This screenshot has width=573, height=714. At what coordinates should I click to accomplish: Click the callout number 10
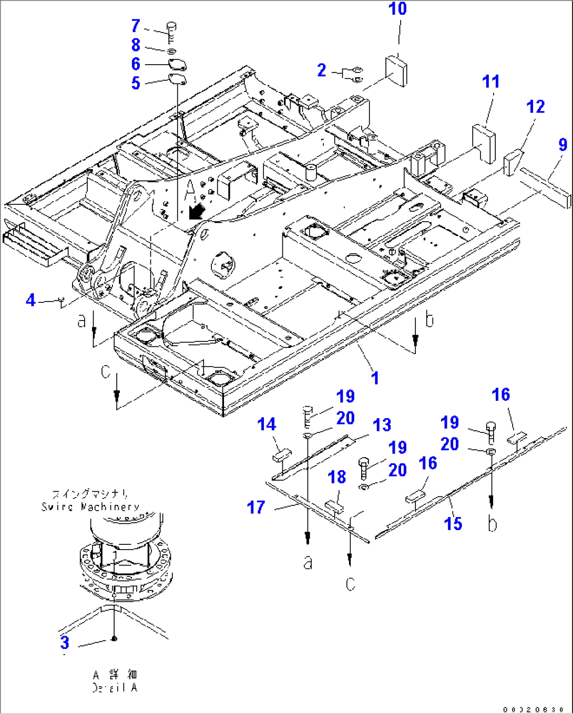[397, 9]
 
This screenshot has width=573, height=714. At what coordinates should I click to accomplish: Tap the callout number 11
[491, 81]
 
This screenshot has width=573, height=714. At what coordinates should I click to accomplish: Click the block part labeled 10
[396, 69]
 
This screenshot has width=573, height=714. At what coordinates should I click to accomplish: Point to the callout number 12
[536, 107]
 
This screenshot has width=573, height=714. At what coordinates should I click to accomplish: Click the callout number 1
[375, 378]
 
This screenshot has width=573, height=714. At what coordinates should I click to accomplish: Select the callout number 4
[30, 300]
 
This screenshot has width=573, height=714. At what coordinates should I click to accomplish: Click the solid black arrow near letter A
[197, 211]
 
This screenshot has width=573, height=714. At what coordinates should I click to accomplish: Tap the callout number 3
[65, 642]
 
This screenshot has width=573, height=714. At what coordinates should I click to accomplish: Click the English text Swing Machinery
[90, 507]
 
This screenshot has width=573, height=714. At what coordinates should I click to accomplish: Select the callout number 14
[267, 425]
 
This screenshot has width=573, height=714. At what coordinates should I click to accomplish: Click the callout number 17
[256, 508]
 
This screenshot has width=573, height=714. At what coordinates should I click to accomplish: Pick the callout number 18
[336, 477]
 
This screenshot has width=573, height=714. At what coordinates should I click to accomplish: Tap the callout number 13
[382, 425]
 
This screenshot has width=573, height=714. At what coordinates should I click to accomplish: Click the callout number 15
[453, 523]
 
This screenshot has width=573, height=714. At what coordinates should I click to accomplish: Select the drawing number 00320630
[533, 709]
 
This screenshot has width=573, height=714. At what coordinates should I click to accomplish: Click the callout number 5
[136, 83]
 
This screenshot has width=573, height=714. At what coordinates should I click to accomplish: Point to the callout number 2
[322, 70]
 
